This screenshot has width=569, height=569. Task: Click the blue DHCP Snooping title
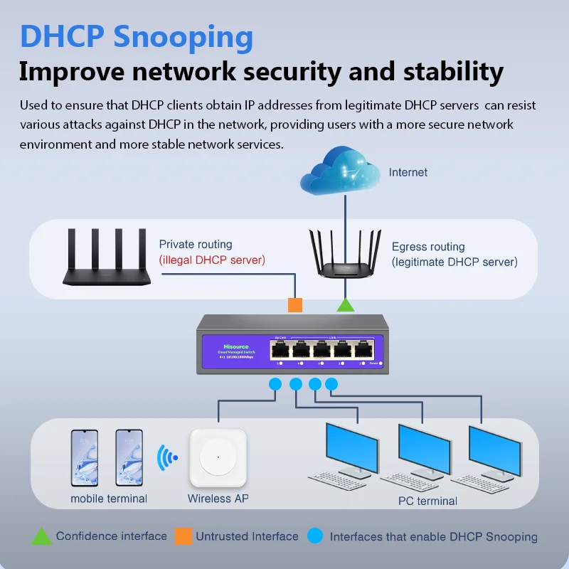(x=137, y=37)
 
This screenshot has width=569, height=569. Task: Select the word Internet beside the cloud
(x=408, y=172)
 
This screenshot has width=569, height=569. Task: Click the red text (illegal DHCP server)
(x=212, y=260)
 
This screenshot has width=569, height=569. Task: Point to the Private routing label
(x=196, y=245)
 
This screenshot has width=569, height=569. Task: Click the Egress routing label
(x=428, y=247)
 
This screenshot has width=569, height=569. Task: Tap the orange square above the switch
(x=295, y=304)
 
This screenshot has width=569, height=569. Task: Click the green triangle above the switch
(x=346, y=305)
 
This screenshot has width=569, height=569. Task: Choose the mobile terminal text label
(x=109, y=499)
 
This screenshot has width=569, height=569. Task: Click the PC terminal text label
(x=427, y=501)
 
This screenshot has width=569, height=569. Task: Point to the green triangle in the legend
(x=41, y=536)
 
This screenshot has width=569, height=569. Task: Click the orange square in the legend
(x=184, y=536)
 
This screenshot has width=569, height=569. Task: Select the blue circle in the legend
(x=316, y=536)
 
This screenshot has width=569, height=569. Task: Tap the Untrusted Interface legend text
(x=247, y=536)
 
